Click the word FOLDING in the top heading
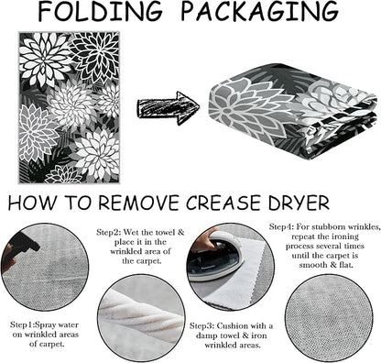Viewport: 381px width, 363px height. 100,12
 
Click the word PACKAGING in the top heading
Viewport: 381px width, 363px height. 260,12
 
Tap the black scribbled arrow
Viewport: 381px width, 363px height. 169,108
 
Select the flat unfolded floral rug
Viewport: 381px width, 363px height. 69,107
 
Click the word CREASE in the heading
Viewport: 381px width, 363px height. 223,203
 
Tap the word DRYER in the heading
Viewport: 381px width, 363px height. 299,203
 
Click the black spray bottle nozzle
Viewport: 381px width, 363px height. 25,243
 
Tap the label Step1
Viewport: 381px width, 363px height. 21,324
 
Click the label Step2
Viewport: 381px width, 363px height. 108,232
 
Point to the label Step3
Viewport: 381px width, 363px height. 201,326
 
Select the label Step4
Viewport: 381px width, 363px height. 281,226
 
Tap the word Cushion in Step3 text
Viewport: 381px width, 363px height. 234,326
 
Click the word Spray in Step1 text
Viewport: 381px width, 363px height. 46,324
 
